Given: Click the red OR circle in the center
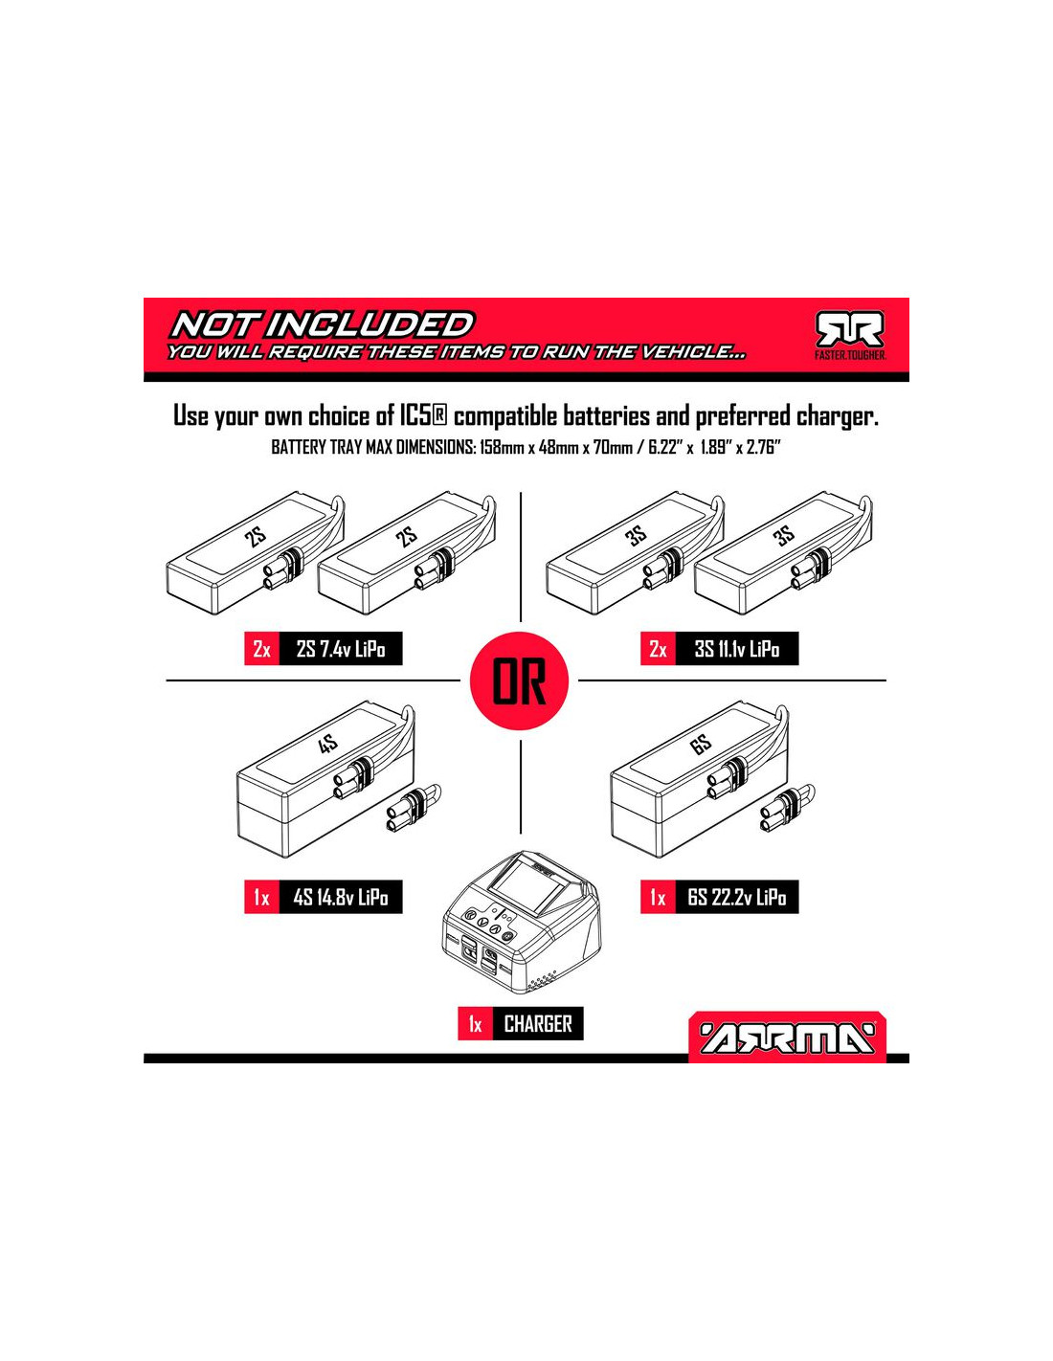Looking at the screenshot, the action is pyautogui.click(x=519, y=680).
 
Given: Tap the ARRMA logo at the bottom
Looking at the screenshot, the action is pyautogui.click(x=787, y=1040).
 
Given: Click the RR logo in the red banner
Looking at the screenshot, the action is pyautogui.click(x=849, y=330).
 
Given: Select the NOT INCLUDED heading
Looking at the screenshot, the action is pyautogui.click(x=322, y=325).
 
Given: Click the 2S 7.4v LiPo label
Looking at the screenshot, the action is pyautogui.click(x=341, y=649).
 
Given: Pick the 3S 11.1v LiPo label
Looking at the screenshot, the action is pyautogui.click(x=737, y=649).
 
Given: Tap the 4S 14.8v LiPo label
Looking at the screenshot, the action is pyautogui.click(x=341, y=898).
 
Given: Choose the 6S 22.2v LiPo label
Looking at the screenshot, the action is pyautogui.click(x=737, y=898).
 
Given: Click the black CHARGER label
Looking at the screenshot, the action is pyautogui.click(x=538, y=1024).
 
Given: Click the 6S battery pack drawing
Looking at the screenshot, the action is pyautogui.click(x=699, y=780).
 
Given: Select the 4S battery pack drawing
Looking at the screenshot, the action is pyautogui.click(x=325, y=780).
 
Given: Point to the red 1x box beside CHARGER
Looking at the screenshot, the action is pyautogui.click(x=476, y=1024).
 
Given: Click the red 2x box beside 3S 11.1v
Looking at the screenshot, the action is pyautogui.click(x=658, y=649).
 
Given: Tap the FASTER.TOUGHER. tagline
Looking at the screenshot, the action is pyautogui.click(x=850, y=356).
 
